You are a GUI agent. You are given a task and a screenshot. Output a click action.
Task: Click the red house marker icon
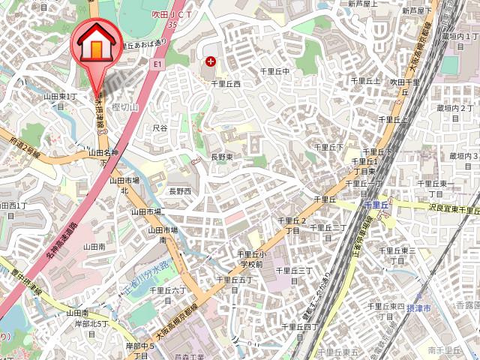pyautogui.click(x=96, y=45)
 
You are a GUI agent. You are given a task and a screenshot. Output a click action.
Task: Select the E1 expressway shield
pyautogui.click(x=157, y=65)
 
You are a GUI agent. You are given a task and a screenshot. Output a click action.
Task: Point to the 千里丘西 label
pyautogui.click(x=225, y=85)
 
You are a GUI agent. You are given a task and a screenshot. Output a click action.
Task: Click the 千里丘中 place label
pyautogui.click(x=274, y=71)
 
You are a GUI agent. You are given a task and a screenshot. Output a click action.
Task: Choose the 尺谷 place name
pyautogui.click(x=160, y=128)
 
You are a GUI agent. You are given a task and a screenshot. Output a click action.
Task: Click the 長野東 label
pyautogui.click(x=221, y=157)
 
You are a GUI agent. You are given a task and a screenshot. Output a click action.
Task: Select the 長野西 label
pyautogui.click(x=179, y=191)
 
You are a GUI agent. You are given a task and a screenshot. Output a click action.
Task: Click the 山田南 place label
pyautogui.click(x=94, y=246)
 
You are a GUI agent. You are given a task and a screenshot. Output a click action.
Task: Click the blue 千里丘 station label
pyautogui.click(x=374, y=204)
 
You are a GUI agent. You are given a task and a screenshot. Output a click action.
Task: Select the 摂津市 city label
pyautogui.click(x=418, y=308)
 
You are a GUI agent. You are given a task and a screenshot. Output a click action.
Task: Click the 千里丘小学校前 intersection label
pyautogui.click(x=250, y=259)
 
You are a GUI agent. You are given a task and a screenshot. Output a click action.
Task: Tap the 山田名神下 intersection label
pyautogui.click(x=104, y=156)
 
